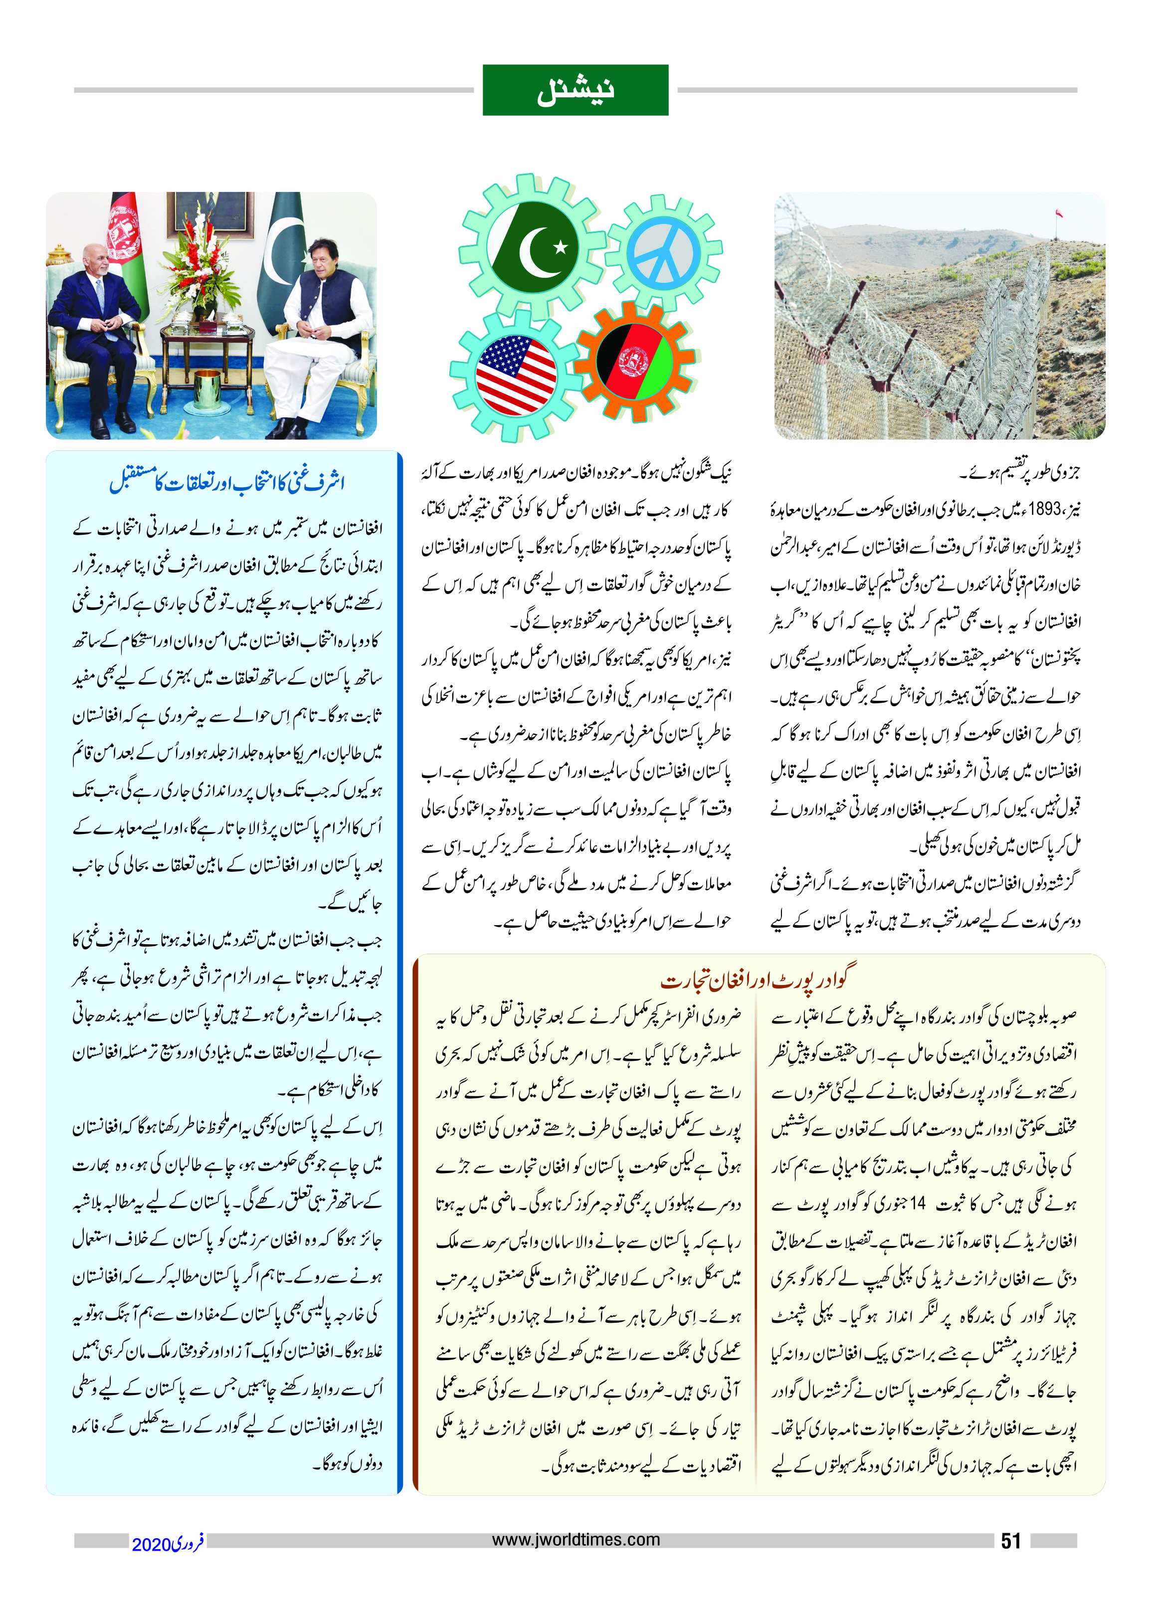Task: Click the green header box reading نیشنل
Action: click(576, 90)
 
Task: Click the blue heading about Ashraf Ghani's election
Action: click(226, 482)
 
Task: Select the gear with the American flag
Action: click(515, 376)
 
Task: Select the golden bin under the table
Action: click(206, 389)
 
